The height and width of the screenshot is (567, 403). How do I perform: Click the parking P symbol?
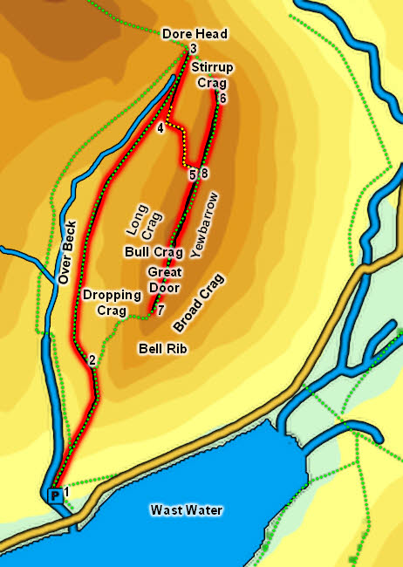click(56, 495)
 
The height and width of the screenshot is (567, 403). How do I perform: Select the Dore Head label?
click(195, 34)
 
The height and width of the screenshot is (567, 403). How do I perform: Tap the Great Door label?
click(164, 279)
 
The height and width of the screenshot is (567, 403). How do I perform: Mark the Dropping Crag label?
click(113, 302)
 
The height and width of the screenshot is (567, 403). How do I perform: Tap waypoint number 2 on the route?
click(91, 359)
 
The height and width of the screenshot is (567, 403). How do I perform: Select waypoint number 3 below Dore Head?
click(192, 48)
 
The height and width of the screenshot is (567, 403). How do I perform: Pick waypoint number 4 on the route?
click(161, 129)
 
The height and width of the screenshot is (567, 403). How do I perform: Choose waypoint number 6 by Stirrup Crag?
click(223, 99)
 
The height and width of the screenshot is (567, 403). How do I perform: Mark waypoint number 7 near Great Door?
click(161, 309)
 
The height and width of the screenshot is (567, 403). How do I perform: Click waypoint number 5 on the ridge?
click(192, 174)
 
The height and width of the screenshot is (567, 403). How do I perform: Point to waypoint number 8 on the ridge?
click(204, 174)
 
